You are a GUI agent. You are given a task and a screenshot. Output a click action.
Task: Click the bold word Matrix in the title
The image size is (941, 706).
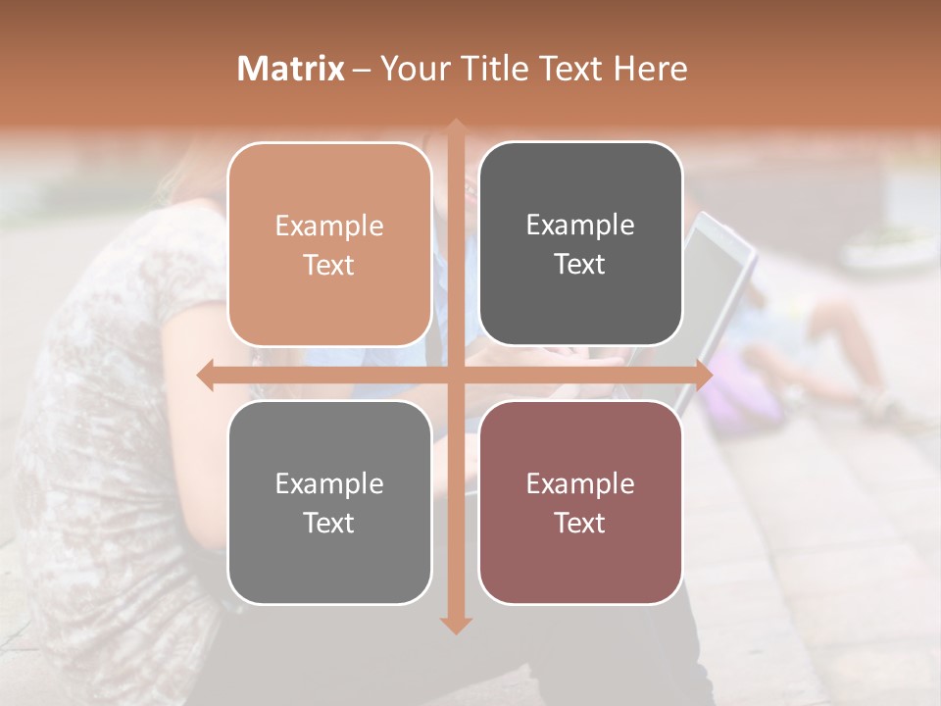291,69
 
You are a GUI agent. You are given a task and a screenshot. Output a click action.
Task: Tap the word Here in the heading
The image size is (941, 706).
650,69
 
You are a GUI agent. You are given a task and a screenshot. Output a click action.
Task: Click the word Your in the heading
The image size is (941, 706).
414,69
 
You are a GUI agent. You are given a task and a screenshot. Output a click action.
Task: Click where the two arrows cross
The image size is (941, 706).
456,376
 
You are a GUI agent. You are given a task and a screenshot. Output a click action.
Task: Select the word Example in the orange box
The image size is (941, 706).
329,227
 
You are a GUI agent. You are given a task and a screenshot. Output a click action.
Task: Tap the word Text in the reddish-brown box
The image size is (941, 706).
580,523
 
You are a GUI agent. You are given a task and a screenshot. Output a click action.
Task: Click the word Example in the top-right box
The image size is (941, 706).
580,226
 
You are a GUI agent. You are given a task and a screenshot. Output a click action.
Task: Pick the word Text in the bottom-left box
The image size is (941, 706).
329,523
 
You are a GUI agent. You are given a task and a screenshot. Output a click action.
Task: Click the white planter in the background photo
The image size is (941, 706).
889,251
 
